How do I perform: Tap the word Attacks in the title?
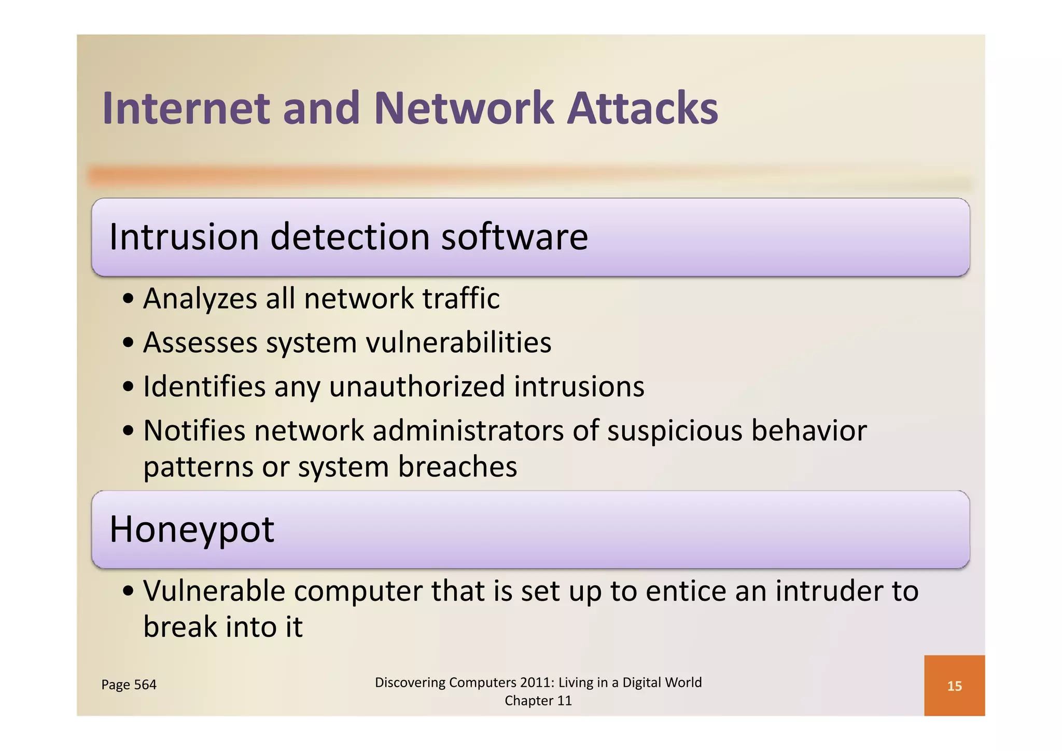[642, 108]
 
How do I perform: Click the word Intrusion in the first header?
[184, 237]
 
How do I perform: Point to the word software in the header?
[514, 237]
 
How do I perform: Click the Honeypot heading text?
[191, 530]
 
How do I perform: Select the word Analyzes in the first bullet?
[200, 299]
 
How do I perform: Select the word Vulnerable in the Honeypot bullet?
[214, 591]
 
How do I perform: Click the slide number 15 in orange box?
[954, 686]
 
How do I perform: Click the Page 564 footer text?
[129, 685]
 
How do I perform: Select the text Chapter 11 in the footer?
[538, 701]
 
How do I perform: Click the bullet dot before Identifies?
[128, 387]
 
